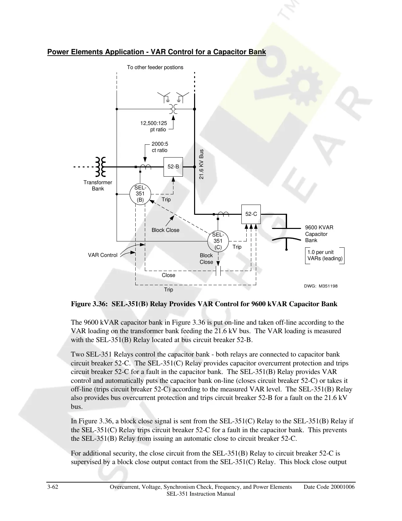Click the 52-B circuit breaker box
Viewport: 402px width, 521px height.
pyautogui.click(x=173, y=167)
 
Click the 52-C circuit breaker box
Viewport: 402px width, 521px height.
pyautogui.click(x=251, y=214)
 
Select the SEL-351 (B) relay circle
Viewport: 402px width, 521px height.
pyautogui.click(x=140, y=194)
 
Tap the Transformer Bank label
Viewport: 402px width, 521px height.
pyautogui.click(x=98, y=186)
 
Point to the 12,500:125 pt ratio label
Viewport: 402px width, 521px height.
pyautogui.click(x=154, y=126)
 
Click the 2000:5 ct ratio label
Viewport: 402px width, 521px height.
pyautogui.click(x=160, y=147)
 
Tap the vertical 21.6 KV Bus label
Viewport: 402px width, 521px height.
pyautogui.click(x=202, y=164)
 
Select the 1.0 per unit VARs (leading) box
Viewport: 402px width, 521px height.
pyautogui.click(x=324, y=255)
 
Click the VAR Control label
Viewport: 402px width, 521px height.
pyautogui.click(x=102, y=255)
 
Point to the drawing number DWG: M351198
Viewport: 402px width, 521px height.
pyautogui.click(x=321, y=286)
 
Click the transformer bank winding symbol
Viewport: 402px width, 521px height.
pyautogui.click(x=100, y=167)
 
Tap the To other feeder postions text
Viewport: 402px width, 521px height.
pyautogui.click(x=155, y=67)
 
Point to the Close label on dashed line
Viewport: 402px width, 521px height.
pyautogui.click(x=168, y=275)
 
